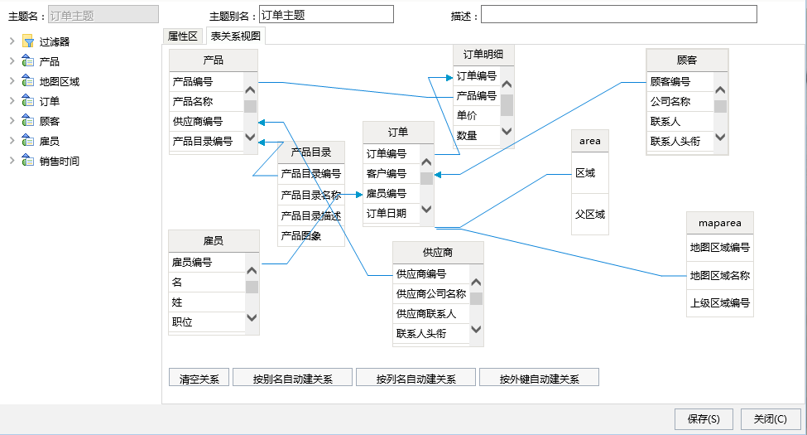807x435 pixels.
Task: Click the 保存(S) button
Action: [704, 419]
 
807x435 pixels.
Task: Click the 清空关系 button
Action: [199, 379]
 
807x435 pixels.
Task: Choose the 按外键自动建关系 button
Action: [539, 379]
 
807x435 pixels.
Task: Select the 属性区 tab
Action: [183, 36]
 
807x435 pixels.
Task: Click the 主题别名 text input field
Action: [326, 14]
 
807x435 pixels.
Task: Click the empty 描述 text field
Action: [618, 14]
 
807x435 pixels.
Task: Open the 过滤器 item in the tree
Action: [54, 41]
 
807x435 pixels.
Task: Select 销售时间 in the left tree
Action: [60, 162]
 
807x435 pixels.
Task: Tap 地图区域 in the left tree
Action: [60, 81]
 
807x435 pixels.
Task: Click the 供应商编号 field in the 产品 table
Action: [198, 122]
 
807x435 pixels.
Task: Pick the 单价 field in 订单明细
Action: [467, 115]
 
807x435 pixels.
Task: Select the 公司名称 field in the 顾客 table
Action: [670, 102]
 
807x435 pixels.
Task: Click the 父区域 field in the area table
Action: [590, 215]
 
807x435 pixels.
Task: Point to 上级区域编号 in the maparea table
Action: [719, 303]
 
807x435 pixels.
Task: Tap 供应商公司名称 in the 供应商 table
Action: [430, 294]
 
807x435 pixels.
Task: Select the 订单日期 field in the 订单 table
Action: [386, 214]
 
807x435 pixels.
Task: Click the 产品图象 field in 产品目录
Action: [301, 236]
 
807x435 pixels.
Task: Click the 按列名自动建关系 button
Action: [416, 379]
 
